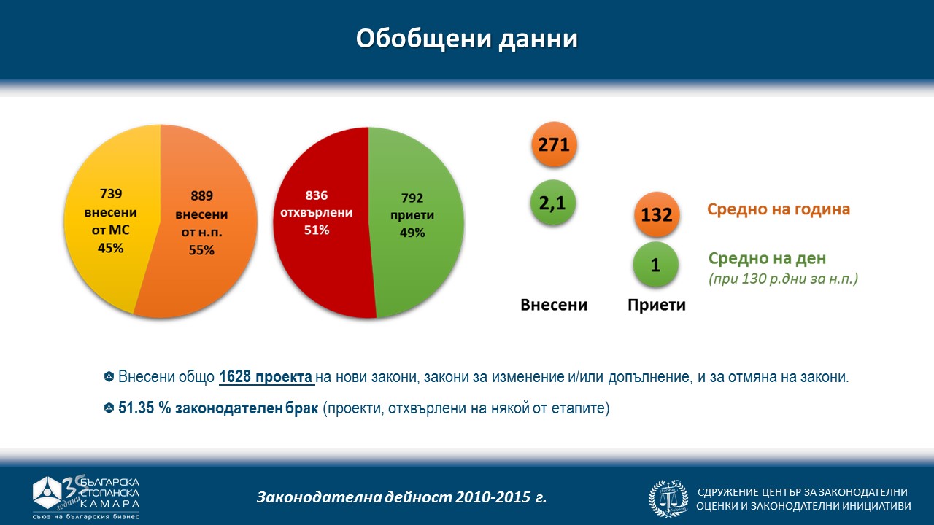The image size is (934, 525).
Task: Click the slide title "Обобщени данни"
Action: pos(466,38)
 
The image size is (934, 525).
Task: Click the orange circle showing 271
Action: pos(554,144)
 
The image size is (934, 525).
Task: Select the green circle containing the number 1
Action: pos(655,265)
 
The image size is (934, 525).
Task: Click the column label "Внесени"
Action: pos(554,305)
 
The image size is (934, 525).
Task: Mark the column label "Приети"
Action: pos(657,305)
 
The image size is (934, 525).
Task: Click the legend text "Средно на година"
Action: pos(778,209)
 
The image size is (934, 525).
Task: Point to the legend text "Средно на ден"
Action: pos(768,258)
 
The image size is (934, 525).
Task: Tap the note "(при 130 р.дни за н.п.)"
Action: pos(783,278)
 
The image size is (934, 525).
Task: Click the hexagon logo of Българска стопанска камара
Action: pos(50,494)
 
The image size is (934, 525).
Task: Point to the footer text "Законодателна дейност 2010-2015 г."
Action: pos(401,498)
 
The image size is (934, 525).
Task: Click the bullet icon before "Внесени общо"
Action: pos(109,378)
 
